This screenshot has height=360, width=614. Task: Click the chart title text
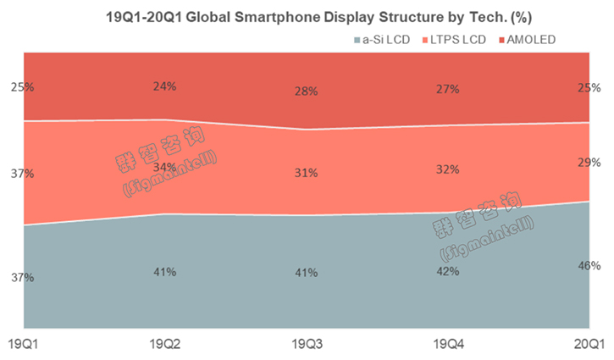coord(307,16)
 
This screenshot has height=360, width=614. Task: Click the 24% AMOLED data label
coord(164,86)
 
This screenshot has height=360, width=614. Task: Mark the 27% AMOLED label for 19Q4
coord(448,89)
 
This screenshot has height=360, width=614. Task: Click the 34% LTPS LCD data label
coord(164,167)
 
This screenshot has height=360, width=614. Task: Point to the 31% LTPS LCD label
coord(306,173)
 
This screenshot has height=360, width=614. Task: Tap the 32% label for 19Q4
coord(448,169)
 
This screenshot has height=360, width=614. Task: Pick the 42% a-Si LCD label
coord(448,271)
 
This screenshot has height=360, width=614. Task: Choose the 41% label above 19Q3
coord(306,273)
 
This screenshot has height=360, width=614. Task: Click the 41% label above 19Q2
coord(164,272)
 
